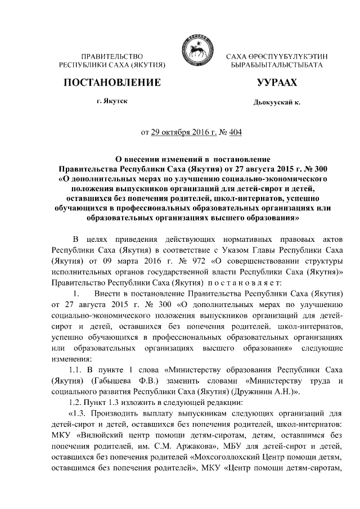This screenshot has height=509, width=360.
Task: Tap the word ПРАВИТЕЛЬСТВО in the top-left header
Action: point(111,56)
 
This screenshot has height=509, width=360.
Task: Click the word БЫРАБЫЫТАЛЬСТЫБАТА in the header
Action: point(273,65)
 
